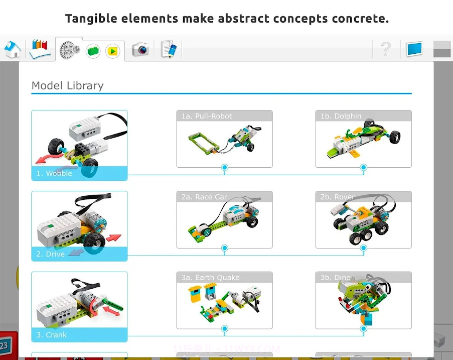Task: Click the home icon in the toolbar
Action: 13,49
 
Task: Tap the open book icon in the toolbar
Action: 40,49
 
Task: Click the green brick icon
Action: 93,51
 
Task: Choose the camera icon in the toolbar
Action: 140,49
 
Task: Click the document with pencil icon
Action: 169,49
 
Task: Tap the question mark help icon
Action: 386,49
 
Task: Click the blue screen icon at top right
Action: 414,49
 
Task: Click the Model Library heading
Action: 67,85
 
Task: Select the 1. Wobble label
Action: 54,174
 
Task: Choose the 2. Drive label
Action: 50,254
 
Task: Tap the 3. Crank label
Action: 51,335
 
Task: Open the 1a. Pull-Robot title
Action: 207,116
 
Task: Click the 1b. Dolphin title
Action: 341,116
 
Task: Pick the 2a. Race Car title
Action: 204,197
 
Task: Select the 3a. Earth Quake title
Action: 210,278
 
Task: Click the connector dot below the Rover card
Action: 364,248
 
